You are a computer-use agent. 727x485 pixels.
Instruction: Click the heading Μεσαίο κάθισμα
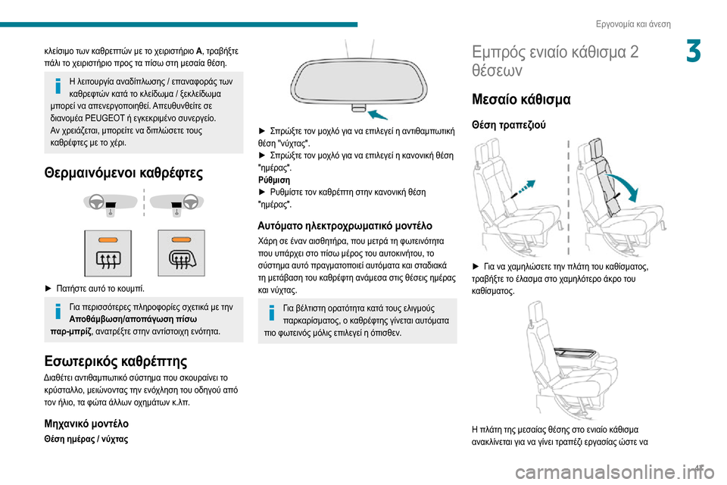click(521, 99)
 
